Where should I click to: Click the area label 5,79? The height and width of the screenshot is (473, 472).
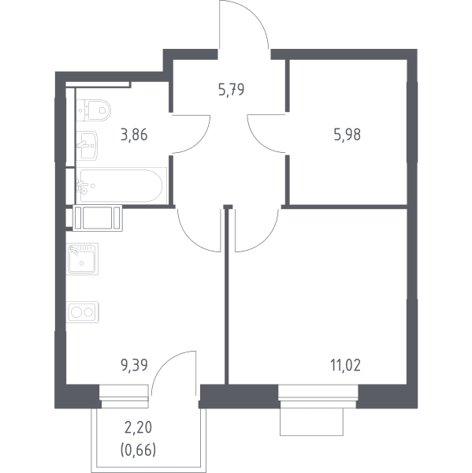(x=231, y=90)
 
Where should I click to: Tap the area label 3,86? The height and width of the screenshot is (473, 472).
(x=134, y=135)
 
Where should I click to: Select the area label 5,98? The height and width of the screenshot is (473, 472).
(x=347, y=135)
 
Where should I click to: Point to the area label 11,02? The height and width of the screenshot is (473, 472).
(x=346, y=365)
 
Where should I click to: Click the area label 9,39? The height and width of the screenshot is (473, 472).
(x=134, y=365)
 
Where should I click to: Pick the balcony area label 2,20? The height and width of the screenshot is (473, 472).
(x=138, y=428)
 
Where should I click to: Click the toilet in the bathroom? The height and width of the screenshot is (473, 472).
(x=94, y=110)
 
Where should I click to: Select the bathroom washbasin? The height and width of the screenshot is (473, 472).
(x=87, y=145)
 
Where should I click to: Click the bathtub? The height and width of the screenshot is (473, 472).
(x=121, y=185)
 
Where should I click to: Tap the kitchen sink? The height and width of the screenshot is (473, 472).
(x=82, y=259)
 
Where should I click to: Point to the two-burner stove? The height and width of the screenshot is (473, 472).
(x=82, y=312)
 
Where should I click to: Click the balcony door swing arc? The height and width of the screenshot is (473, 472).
(x=163, y=362)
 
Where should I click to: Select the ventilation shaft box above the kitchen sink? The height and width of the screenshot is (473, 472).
(x=98, y=218)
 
